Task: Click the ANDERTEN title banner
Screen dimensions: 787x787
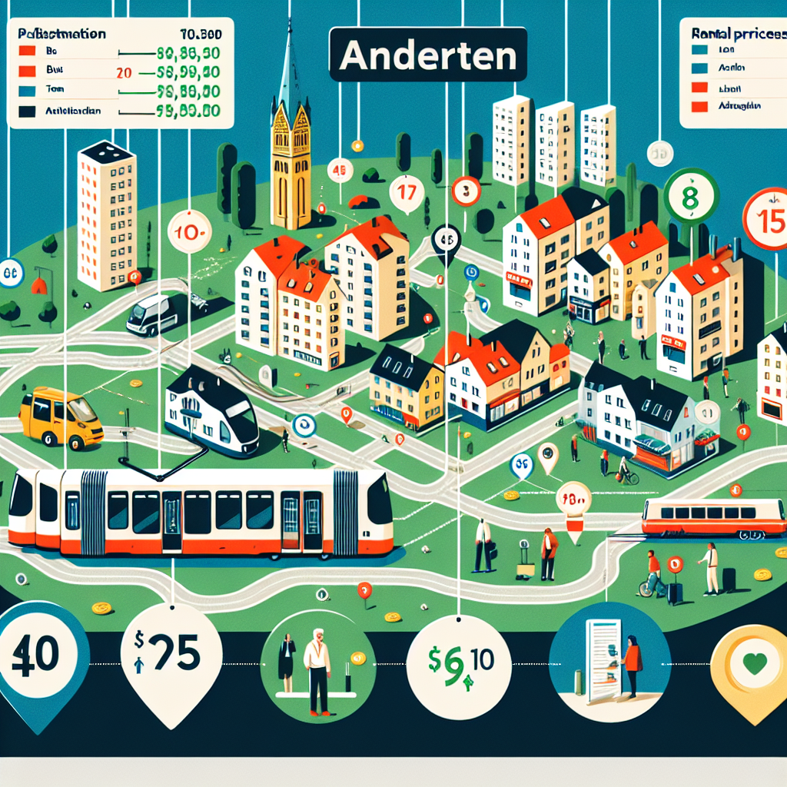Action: pos(428,54)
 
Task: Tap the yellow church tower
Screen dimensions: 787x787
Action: pos(291,154)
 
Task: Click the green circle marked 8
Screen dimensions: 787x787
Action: pos(690,196)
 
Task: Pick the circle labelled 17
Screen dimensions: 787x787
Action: pos(407,192)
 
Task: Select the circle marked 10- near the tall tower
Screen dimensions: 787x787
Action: pos(189,231)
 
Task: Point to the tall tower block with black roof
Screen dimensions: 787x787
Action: pos(108,217)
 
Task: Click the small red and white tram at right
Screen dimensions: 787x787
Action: pos(713,517)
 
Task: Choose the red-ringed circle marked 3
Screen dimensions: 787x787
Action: pos(466,190)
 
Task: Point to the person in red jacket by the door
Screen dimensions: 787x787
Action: pos(632,662)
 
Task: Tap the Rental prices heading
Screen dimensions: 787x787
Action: pos(734,35)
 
